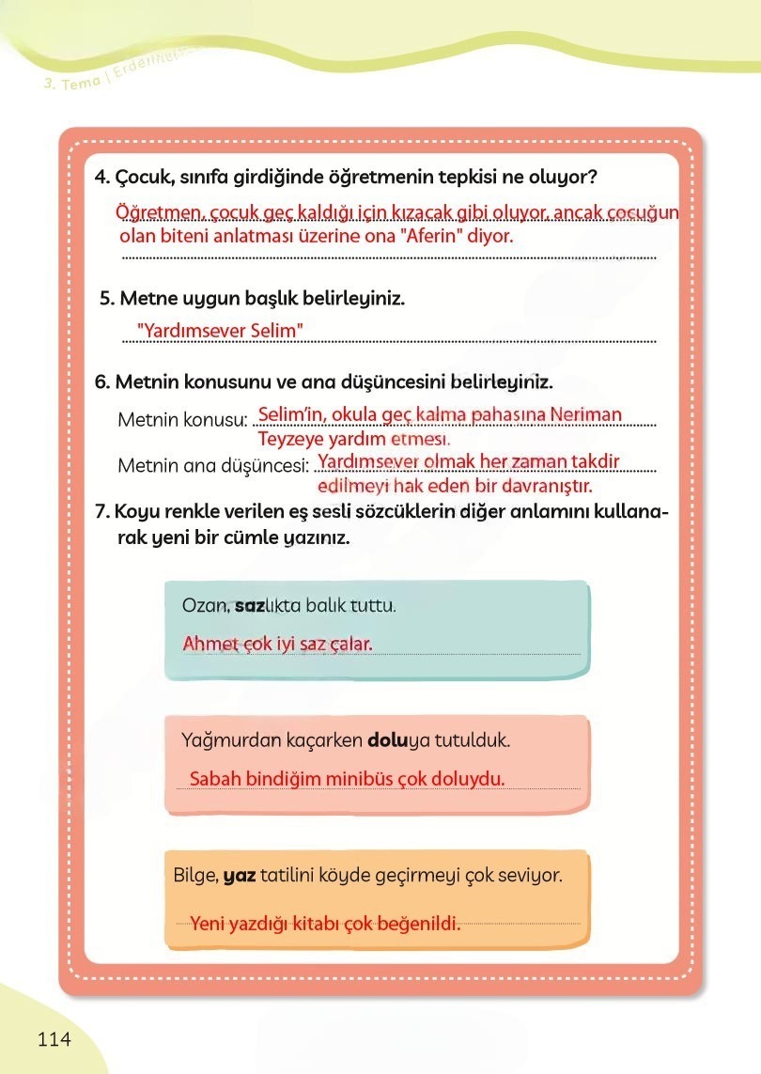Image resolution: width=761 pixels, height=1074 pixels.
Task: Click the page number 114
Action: (x=54, y=1038)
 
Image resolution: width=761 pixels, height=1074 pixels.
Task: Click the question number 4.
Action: (x=102, y=178)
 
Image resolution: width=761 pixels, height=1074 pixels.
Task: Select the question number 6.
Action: (x=102, y=382)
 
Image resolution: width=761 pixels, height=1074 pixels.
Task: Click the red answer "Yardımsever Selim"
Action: (x=220, y=331)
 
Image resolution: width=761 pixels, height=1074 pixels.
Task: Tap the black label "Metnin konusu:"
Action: (x=182, y=419)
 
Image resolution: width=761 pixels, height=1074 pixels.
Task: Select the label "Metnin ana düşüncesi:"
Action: (x=213, y=465)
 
